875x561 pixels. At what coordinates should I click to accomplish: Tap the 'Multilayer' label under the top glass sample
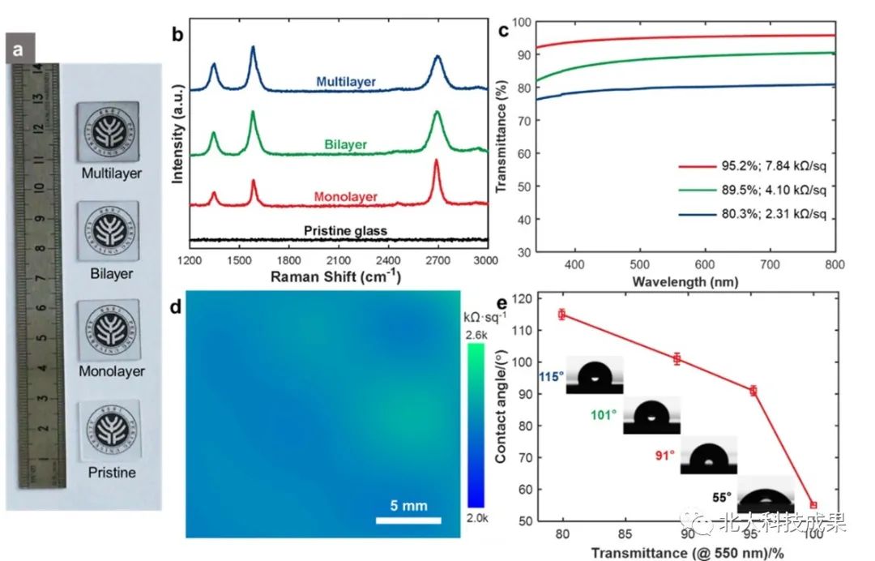point(111,173)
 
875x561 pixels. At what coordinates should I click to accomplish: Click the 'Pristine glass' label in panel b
point(345,231)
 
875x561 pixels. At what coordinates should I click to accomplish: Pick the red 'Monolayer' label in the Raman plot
point(345,197)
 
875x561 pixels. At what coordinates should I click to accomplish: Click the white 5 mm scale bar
point(408,520)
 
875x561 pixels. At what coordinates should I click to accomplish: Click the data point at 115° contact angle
point(561,315)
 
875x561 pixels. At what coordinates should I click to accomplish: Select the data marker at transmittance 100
point(813,505)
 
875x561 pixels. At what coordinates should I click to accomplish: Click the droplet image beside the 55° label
point(766,496)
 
